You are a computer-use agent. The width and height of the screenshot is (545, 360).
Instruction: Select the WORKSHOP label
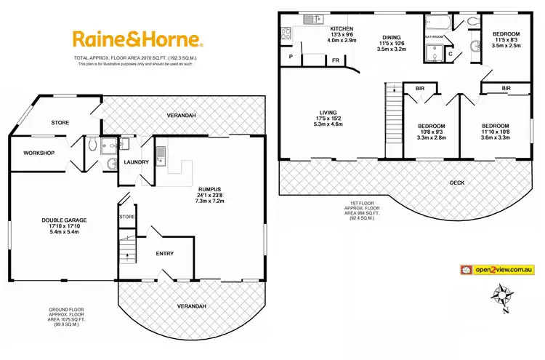pyautogui.click(x=39, y=153)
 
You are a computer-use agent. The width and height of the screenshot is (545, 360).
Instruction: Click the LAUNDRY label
pyautogui.click(x=136, y=162)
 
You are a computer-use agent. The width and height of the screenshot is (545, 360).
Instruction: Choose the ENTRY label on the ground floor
pyautogui.click(x=166, y=253)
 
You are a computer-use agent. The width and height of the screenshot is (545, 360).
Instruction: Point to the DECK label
pyautogui.click(x=457, y=182)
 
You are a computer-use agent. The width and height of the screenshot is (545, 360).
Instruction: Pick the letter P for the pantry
pyautogui.click(x=291, y=56)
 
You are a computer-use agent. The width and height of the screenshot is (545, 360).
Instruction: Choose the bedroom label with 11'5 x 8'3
pyautogui.click(x=506, y=35)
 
